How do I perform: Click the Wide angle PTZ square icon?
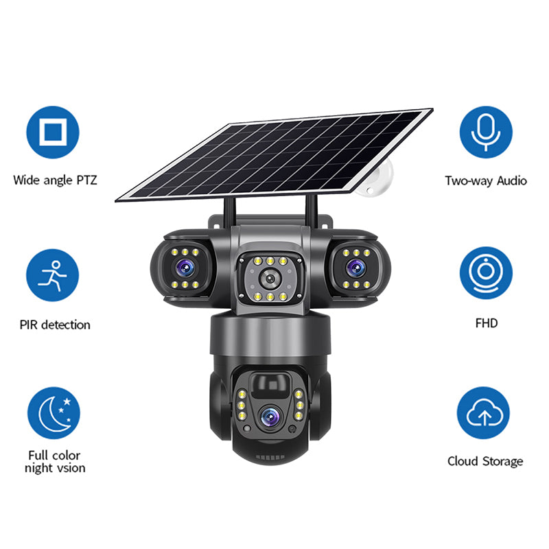click(x=53, y=132)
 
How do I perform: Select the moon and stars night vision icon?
click(x=54, y=413)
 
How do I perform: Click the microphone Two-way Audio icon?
click(x=486, y=132)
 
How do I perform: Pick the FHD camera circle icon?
click(x=486, y=272)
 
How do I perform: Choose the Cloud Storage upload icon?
click(x=484, y=413)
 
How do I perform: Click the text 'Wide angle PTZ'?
click(x=55, y=180)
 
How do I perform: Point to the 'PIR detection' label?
click(x=55, y=325)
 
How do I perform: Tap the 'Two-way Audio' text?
click(x=486, y=181)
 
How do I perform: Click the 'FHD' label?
click(x=486, y=323)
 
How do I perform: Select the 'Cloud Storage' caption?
click(x=485, y=461)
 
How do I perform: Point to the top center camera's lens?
click(x=270, y=279)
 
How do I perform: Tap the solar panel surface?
click(x=274, y=154)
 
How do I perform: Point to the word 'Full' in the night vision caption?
click(x=40, y=455)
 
